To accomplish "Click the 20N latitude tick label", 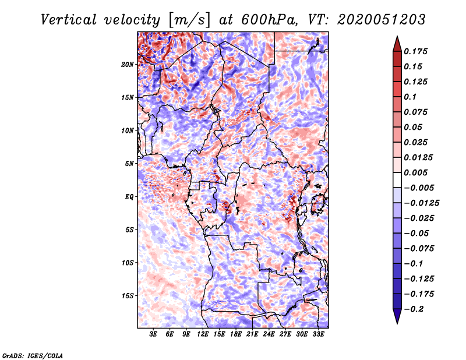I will (128, 64).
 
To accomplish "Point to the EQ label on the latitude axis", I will (130, 197).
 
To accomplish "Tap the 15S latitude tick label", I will (128, 296).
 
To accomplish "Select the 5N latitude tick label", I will (129, 164).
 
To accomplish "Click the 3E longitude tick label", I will (154, 334).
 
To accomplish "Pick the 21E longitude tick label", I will (252, 334).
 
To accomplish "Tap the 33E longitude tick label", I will (318, 334).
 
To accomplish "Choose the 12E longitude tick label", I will (203, 334).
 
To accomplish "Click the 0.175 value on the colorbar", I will (416, 51).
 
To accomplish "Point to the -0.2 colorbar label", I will (414, 309).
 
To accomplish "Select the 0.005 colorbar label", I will (416, 172).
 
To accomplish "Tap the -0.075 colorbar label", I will (419, 248).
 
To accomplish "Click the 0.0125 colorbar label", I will (419, 157).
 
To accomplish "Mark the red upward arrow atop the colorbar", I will (397, 43).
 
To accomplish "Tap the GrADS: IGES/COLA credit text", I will (33, 355).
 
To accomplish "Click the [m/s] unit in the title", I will (187, 19).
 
